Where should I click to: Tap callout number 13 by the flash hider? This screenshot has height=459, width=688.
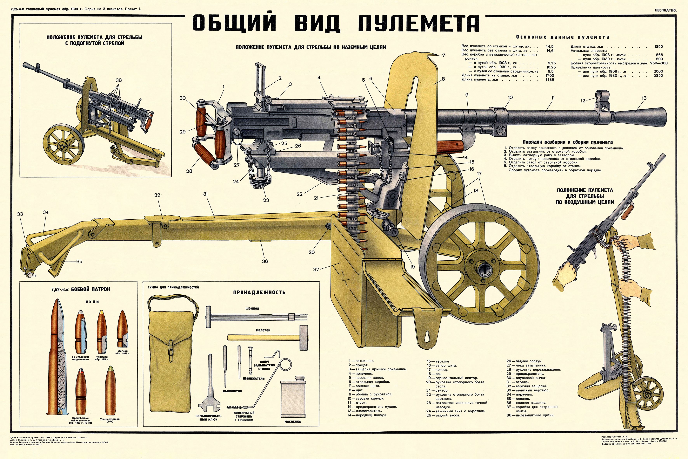[644, 98]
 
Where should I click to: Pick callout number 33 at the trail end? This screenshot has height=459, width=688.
[20, 214]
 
